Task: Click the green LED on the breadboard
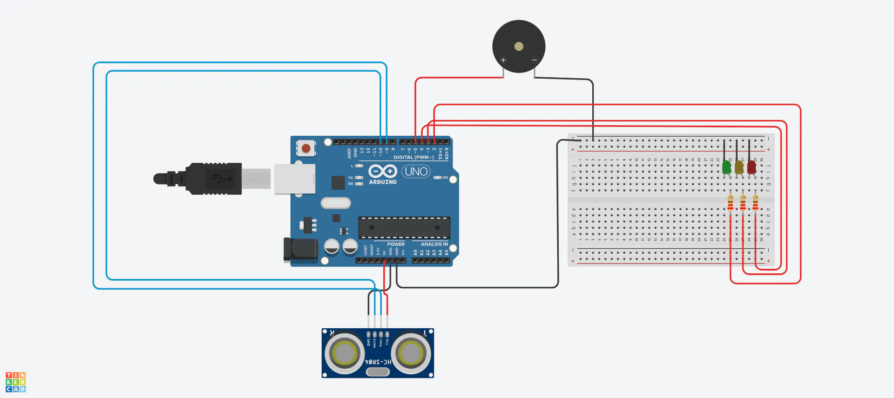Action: [x=726, y=167]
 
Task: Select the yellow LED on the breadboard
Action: [x=739, y=167]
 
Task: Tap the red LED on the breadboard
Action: [x=752, y=167]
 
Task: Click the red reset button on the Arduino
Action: [x=306, y=148]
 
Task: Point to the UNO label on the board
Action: [x=416, y=172]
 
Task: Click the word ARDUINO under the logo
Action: [x=383, y=182]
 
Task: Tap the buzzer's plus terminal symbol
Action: [x=503, y=60]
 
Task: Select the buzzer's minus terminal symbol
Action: [x=535, y=60]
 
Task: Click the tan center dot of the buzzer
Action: [x=519, y=46]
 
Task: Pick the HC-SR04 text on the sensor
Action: [x=378, y=362]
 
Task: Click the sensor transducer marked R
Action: [x=345, y=353]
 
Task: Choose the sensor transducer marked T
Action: [x=411, y=353]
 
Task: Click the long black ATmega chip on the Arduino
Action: [x=404, y=227]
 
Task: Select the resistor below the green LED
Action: [x=730, y=203]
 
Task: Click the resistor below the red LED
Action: [x=755, y=203]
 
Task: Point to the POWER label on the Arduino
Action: [x=396, y=244]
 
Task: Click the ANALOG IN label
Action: [x=434, y=244]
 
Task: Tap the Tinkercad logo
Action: [x=16, y=382]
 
